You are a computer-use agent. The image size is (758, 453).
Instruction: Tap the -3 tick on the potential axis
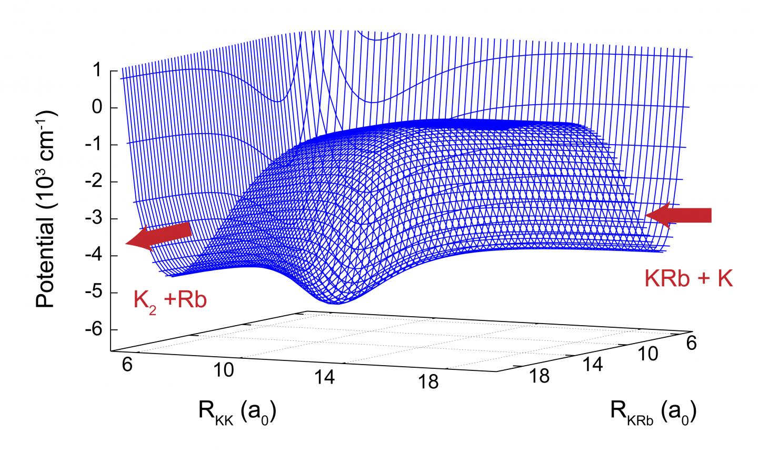coord(95,219)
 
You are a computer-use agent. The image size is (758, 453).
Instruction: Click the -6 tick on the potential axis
coord(95,330)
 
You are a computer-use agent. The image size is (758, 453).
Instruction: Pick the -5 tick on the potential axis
coord(95,293)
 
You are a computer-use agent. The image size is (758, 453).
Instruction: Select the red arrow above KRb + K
coord(679,216)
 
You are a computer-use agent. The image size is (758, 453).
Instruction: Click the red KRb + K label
coord(688,278)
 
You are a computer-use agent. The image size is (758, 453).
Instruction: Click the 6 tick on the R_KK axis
coord(127,366)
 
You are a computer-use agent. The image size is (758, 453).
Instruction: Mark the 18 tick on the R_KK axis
coord(428,382)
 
